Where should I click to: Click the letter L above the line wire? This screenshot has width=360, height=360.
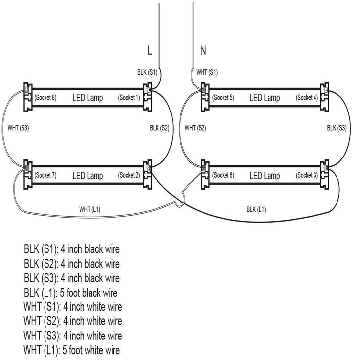coord(151,50)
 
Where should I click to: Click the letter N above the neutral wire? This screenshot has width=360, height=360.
coord(203,50)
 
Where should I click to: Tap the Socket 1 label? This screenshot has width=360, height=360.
coord(129,98)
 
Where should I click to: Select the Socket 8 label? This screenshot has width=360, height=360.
coord(45,98)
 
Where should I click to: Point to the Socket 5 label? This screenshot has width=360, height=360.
coord(223,98)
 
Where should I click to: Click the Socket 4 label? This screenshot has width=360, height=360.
coord(307,98)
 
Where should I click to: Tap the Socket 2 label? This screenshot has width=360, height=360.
coord(129,175)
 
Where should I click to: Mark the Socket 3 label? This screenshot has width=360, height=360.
coord(307,175)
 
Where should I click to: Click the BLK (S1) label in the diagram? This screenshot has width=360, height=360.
coord(147,72)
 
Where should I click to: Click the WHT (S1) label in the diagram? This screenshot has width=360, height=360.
coord(207,72)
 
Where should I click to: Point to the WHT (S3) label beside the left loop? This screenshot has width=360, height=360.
coord(19,129)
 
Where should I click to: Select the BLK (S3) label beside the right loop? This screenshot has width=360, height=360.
coord(337,128)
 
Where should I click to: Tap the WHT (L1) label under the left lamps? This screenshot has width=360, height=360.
coord(90,209)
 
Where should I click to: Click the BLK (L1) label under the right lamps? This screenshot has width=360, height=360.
coord(256,209)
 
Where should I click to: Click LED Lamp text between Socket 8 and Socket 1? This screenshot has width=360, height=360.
coord(88,98)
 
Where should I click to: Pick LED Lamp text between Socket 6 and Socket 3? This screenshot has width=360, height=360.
coord(265,175)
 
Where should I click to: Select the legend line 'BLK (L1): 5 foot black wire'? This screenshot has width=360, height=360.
coord(70,293)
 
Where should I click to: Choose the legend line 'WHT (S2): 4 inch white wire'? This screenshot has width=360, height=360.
coord(72,321)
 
